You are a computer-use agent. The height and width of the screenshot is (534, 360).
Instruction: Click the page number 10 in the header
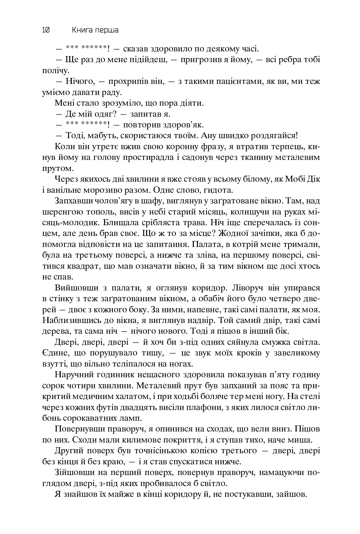pos(45,30)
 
